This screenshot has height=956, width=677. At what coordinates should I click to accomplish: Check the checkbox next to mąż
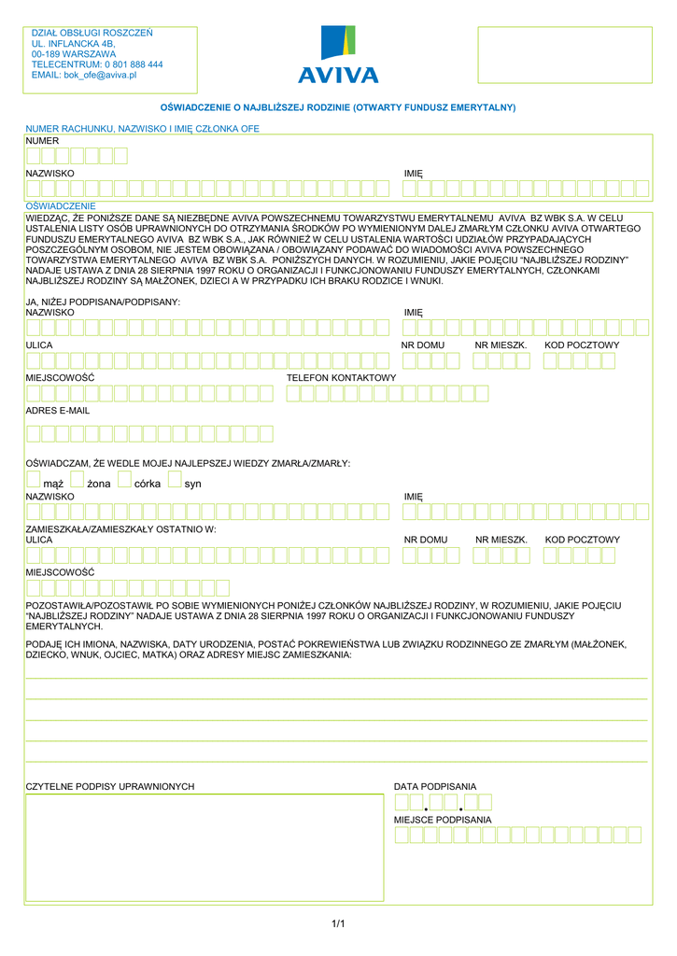[34, 480]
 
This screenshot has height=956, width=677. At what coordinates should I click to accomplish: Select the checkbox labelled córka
[125, 480]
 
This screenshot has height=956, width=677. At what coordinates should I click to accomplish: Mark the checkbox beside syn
[175, 480]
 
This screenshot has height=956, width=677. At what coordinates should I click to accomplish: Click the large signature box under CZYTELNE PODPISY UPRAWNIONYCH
[205, 847]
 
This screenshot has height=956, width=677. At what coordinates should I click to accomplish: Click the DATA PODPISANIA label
[435, 787]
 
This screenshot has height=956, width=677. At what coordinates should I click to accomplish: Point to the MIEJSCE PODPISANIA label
[443, 820]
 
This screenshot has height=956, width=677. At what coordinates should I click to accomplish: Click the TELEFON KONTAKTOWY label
[341, 378]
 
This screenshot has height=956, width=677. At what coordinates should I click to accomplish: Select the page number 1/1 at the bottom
[338, 924]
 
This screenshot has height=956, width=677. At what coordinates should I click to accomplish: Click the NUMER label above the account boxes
[42, 141]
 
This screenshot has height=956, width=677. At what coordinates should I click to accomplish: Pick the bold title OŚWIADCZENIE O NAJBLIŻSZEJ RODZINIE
[338, 108]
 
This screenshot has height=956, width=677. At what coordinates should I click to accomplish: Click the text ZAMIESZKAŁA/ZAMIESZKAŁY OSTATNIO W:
[120, 529]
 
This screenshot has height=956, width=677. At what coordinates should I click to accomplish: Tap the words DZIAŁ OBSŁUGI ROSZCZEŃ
[92, 33]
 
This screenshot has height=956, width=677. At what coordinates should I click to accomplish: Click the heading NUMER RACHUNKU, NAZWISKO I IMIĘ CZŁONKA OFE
[142, 129]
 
